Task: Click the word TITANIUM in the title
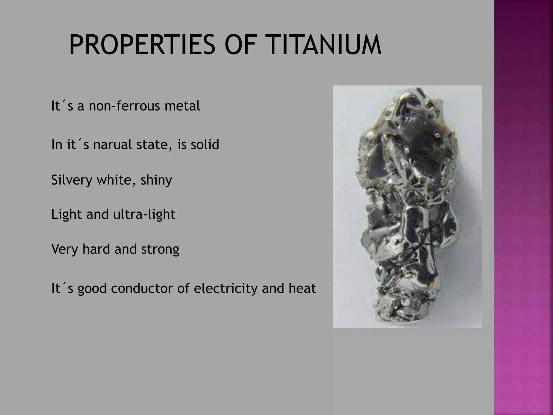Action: pyautogui.click(x=323, y=45)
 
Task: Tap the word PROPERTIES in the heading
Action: pyautogui.click(x=142, y=45)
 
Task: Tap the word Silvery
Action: pyautogui.click(x=72, y=180)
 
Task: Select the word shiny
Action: pyautogui.click(x=156, y=180)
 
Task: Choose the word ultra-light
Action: pyautogui.click(x=144, y=214)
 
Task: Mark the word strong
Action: pyautogui.click(x=160, y=249)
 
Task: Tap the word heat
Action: pyautogui.click(x=302, y=288)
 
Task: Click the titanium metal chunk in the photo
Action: pyautogui.click(x=408, y=205)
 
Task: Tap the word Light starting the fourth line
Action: pyautogui.click(x=66, y=214)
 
